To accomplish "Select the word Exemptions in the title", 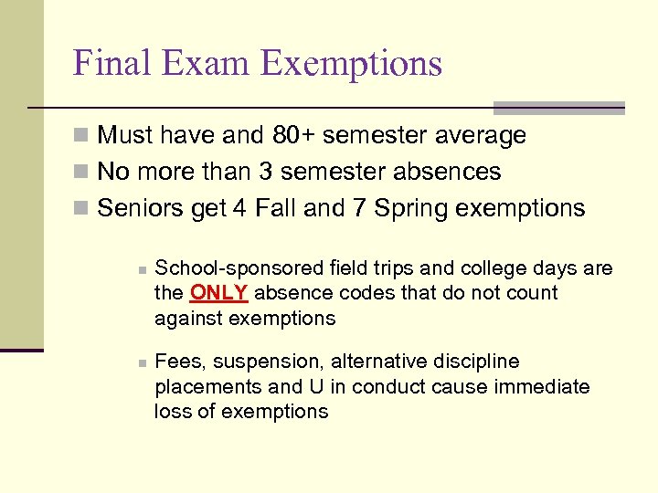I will [352, 63].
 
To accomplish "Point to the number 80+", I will [292, 135].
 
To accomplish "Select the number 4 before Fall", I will [239, 208].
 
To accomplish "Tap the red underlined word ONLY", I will [218, 293].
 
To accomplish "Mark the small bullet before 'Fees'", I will [141, 363].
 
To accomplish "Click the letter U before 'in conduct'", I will [316, 386].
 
